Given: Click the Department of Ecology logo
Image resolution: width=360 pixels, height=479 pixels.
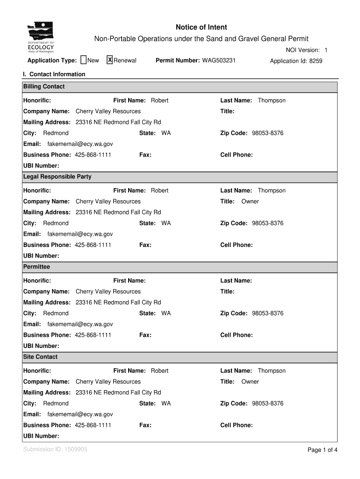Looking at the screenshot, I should pyautogui.click(x=41, y=37).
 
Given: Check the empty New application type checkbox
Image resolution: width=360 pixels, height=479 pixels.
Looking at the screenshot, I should pyautogui.click(x=84, y=60).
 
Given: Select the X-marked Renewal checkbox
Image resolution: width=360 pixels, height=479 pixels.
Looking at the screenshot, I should pyautogui.click(x=110, y=60).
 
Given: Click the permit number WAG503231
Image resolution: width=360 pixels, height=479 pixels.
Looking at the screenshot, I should pyautogui.click(x=219, y=61).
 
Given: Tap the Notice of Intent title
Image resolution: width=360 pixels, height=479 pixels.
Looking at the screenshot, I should pyautogui.click(x=202, y=28).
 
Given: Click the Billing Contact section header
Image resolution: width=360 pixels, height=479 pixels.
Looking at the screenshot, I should pyautogui.click(x=44, y=87).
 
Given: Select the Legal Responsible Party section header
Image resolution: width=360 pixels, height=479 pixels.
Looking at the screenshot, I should pyautogui.click(x=58, y=177).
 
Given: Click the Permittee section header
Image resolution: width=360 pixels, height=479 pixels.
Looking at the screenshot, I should pyautogui.click(x=36, y=267).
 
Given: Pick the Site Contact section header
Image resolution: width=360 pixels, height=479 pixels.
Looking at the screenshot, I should pyautogui.click(x=41, y=357).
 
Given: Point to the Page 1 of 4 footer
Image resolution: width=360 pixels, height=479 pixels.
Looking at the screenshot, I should pyautogui.click(x=322, y=450).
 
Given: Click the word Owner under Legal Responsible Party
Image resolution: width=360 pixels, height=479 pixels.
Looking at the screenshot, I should pyautogui.click(x=250, y=202).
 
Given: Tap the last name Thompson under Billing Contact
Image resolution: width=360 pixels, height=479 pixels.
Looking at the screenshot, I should pyautogui.click(x=272, y=101).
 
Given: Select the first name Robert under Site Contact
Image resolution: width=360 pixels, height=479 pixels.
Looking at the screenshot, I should pyautogui.click(x=159, y=371).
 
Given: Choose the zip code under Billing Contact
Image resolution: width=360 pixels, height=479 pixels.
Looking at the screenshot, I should pyautogui.click(x=267, y=133).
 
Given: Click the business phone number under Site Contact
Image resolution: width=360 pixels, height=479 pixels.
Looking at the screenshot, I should pyautogui.click(x=93, y=425).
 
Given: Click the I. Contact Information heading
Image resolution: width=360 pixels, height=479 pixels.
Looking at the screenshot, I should pyautogui.click(x=54, y=74).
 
